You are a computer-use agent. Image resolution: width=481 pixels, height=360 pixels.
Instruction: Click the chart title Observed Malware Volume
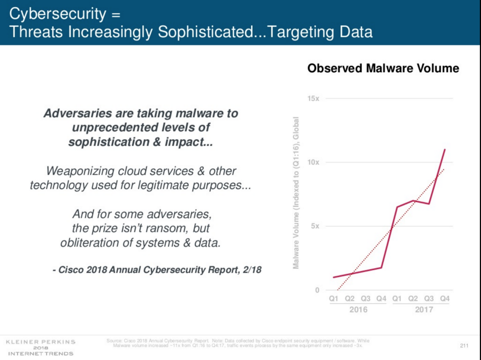point(383,68)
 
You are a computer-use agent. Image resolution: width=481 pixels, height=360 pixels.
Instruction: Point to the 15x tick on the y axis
point(313,99)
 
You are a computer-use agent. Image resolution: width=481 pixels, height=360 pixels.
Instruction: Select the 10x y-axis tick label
point(313,162)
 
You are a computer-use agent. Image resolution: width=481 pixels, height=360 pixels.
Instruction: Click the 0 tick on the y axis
point(317,290)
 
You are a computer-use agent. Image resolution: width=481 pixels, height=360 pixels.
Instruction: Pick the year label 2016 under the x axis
point(358,310)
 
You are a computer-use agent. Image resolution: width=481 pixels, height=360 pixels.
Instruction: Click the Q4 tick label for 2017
point(445,299)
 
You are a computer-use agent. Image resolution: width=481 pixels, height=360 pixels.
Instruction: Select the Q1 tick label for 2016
point(334,299)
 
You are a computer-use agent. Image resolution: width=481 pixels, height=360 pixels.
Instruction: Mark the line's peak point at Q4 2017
point(445,150)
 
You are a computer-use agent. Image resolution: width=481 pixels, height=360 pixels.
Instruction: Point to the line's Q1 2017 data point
point(397,207)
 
